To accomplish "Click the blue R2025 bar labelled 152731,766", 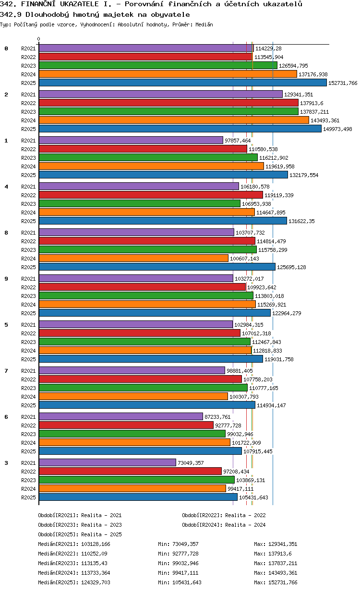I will point(182,83).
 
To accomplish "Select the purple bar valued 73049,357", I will point(108,463).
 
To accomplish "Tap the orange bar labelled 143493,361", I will point(174,120).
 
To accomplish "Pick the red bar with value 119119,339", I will point(151,195).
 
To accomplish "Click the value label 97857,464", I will point(238,141).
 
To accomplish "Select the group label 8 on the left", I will point(6,233).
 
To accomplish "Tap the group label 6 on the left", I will point(6,417).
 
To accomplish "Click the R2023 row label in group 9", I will point(28,296).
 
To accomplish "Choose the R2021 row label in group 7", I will point(28,371).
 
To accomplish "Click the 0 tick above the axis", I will point(39,39).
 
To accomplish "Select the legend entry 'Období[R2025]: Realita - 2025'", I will point(80,534).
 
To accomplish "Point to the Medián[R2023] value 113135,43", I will point(96,563).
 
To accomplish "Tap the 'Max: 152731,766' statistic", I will point(276,582).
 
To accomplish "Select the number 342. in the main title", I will point(9,4).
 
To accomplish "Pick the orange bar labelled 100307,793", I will point(133,397).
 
